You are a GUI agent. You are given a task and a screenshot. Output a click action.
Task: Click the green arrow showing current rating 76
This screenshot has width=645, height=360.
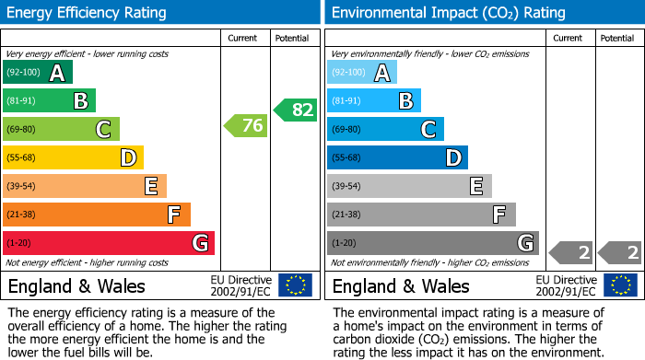(246, 126)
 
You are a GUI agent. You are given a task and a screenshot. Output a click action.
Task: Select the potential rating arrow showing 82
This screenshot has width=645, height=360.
(295, 110)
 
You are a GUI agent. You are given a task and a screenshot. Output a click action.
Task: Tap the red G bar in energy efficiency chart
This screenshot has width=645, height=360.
(108, 243)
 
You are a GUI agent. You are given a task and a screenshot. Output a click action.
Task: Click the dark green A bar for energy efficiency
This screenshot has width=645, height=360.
(37, 73)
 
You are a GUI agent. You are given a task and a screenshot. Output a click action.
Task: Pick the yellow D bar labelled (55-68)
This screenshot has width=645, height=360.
(73, 158)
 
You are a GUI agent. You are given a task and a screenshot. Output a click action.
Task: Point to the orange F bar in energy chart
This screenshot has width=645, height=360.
(96, 215)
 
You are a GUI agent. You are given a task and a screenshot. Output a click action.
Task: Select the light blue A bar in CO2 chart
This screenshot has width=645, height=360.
(361, 73)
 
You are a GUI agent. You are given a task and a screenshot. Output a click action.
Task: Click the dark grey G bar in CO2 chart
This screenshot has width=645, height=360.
(432, 243)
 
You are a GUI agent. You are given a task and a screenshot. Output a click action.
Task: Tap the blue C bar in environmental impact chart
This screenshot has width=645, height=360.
(385, 130)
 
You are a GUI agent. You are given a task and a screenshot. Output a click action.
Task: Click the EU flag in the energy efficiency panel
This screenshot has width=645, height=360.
(295, 285)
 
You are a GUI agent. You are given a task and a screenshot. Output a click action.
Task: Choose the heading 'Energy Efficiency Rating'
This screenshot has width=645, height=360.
(88, 13)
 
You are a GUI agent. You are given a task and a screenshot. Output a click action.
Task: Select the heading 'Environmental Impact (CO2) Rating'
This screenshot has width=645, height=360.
(448, 13)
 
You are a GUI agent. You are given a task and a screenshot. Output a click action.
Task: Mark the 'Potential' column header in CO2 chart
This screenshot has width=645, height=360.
(617, 38)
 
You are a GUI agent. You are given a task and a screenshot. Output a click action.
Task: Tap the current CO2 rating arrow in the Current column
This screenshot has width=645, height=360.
(570, 252)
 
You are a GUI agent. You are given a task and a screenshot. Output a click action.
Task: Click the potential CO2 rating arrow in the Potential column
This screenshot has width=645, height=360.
(619, 252)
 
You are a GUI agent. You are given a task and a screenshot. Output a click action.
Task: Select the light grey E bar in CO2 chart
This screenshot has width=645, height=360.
(409, 186)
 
